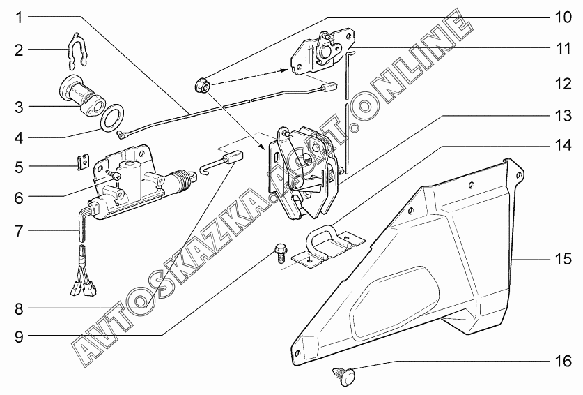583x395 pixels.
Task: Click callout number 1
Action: point(19,17)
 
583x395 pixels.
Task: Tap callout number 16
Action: point(563,361)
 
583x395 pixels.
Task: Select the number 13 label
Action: point(563,116)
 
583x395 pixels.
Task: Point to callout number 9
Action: point(19,336)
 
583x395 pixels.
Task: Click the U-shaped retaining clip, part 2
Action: point(77,51)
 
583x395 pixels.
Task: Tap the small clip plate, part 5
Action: point(84,162)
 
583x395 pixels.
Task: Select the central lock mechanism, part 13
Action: point(302,174)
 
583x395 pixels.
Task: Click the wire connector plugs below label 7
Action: point(84,286)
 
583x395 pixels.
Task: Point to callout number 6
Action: point(19,197)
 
